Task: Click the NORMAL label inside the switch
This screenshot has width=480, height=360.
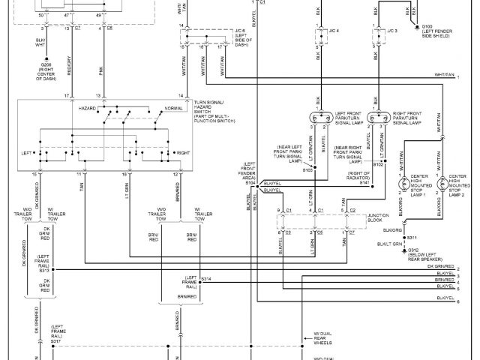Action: [172, 108]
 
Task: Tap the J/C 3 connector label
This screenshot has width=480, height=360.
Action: [391, 31]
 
